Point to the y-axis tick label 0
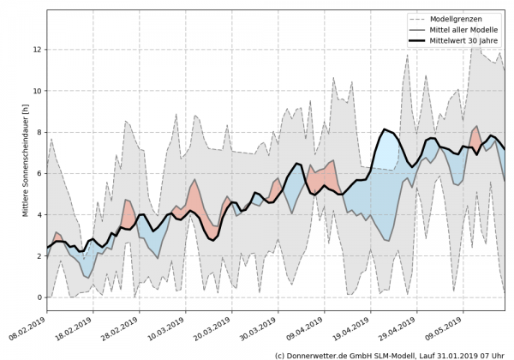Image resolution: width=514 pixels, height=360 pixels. (x=38, y=297)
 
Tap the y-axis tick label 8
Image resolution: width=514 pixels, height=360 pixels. (x=38, y=132)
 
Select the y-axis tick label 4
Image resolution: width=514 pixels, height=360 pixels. (x=38, y=215)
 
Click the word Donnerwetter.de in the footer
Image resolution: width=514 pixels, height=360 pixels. (x=313, y=354)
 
